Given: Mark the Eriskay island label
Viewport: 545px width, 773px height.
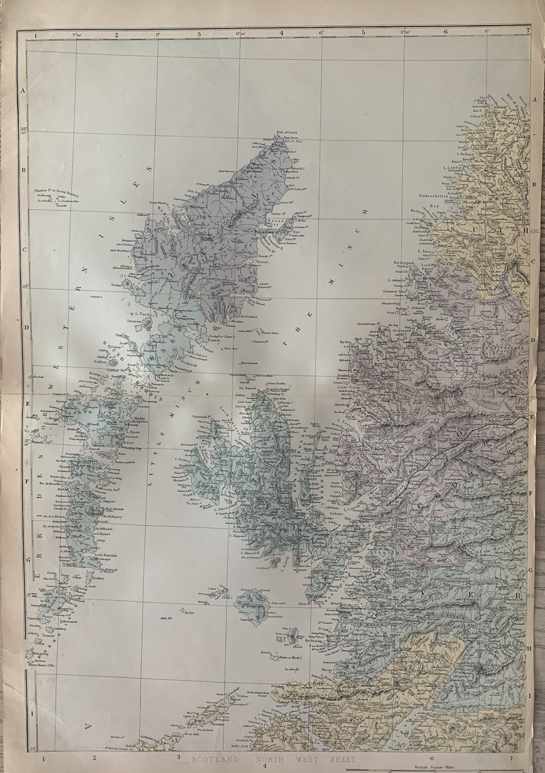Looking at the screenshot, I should pos(99,577).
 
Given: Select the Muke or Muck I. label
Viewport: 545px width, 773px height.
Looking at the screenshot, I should pos(288,658).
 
